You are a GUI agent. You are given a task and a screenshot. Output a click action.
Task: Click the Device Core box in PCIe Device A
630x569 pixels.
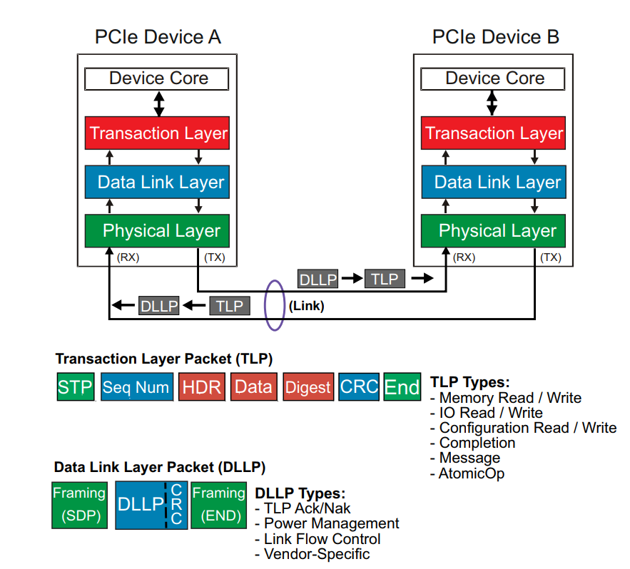coord(157,78)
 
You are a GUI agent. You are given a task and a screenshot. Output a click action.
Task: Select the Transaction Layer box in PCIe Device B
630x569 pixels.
coord(494,133)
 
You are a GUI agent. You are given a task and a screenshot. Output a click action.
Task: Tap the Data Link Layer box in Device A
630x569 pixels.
coord(157,182)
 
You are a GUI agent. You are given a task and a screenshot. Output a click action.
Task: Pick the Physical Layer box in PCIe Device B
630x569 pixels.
coord(494,230)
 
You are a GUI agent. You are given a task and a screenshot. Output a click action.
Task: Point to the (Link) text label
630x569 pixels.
coord(307,307)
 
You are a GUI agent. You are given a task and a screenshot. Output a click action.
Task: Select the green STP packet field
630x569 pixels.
coord(75,387)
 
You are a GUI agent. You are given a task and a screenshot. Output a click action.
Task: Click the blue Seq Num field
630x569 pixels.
coord(136,387)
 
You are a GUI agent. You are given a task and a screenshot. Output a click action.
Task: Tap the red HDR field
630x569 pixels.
coord(202,387)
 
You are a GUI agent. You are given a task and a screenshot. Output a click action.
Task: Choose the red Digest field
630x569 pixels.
coord(308,387)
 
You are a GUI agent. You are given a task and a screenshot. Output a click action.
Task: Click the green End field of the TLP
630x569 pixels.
coord(402,387)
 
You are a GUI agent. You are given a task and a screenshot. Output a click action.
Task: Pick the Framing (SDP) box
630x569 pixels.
coord(79,504)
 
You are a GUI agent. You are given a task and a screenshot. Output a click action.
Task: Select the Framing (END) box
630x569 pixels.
coord(218,504)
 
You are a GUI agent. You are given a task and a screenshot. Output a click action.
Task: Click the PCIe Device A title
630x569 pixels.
coord(158,37)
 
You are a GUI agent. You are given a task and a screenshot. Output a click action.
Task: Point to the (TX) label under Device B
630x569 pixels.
coord(551,257)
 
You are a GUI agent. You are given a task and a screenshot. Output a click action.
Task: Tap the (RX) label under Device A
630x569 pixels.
coord(128,257)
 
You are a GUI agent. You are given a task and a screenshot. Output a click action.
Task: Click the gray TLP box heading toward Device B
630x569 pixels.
coord(385,279)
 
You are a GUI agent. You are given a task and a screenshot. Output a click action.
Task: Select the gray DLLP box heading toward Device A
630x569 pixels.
coord(158,306)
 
